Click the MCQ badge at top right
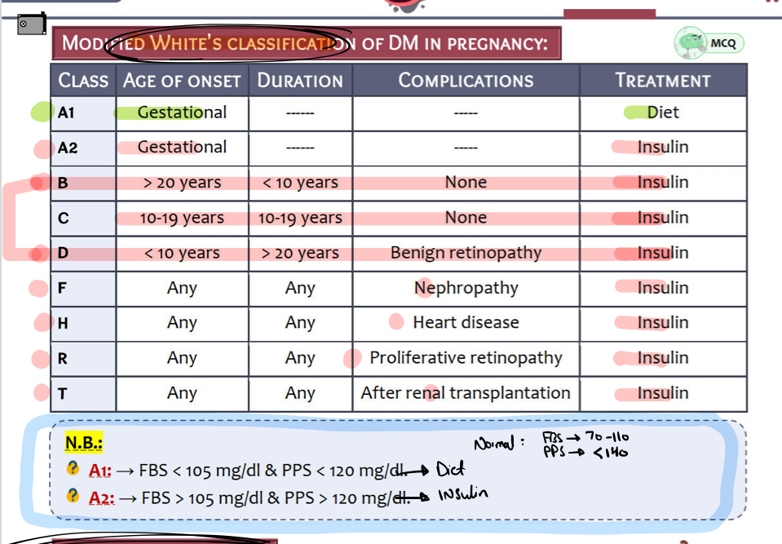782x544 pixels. [709, 43]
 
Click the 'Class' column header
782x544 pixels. [83, 81]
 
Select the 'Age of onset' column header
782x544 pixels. [182, 81]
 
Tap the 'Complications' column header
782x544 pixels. [466, 81]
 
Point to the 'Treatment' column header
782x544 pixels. [663, 81]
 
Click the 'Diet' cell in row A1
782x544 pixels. [663, 113]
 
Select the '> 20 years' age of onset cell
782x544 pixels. [182, 183]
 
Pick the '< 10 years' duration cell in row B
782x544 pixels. [300, 183]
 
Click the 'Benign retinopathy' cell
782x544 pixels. [466, 253]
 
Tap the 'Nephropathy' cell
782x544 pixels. [466, 288]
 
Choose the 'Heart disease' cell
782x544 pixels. [466, 323]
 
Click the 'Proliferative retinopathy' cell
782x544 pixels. [466, 358]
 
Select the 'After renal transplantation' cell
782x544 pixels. [466, 393]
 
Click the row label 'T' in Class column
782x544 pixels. [63, 394]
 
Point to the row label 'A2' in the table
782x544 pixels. [68, 148]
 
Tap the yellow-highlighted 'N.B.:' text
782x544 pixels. [84, 443]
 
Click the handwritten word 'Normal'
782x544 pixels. [493, 444]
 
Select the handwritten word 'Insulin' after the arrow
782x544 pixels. [463, 494]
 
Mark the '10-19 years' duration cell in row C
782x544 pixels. [300, 218]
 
